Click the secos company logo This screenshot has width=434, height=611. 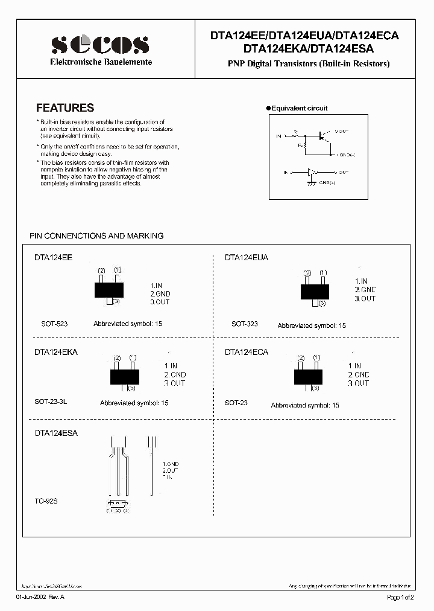[x=99, y=45]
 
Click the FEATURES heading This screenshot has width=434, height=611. [x=65, y=108]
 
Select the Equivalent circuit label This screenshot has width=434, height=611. [x=299, y=108]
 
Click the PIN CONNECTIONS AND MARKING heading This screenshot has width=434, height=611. [x=96, y=235]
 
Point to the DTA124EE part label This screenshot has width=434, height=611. [x=53, y=257]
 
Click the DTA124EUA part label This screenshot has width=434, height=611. [x=247, y=257]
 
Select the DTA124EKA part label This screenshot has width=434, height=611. [x=56, y=352]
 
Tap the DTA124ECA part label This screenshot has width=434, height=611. [x=247, y=352]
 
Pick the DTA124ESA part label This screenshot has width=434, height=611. [x=56, y=433]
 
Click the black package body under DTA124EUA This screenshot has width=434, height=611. [x=315, y=292]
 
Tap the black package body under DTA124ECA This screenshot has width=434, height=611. [x=307, y=376]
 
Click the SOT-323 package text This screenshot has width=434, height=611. [x=244, y=324]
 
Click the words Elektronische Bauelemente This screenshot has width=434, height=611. [x=100, y=62]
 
